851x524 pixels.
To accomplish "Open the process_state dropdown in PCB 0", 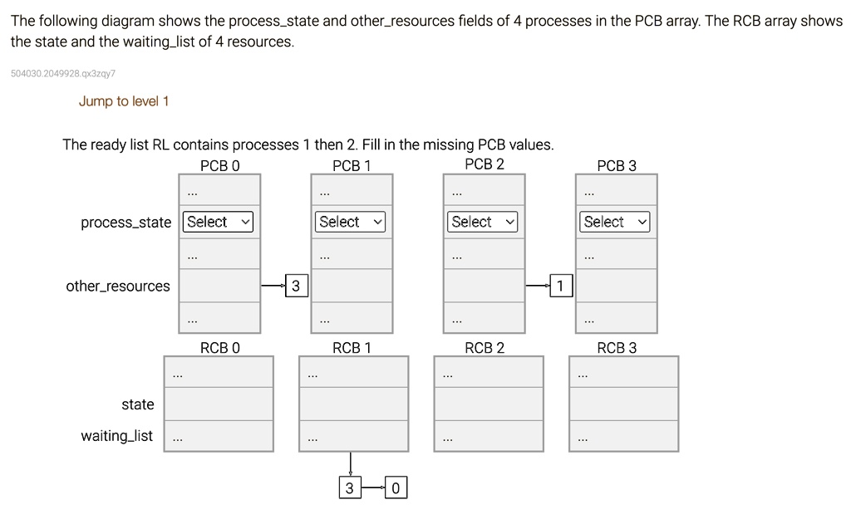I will pyautogui.click(x=218, y=222).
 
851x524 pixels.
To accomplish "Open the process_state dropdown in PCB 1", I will pyautogui.click(x=351, y=222).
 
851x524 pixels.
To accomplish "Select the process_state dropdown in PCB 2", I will pyautogui.click(x=483, y=222).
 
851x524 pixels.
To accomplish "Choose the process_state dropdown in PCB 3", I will pyautogui.click(x=615, y=222).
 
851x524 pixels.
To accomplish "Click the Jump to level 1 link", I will pyautogui.click(x=124, y=101).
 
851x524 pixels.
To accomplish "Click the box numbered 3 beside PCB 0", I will pyautogui.click(x=295, y=286).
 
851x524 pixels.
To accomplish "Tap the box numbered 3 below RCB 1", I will pyautogui.click(x=350, y=488).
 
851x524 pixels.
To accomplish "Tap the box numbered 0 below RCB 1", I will pyautogui.click(x=396, y=488).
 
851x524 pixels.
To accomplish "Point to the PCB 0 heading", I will pyautogui.click(x=219, y=165).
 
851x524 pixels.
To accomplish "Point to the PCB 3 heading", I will pyautogui.click(x=616, y=165).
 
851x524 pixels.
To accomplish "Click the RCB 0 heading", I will pyautogui.click(x=219, y=347).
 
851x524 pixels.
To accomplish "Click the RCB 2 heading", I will pyautogui.click(x=485, y=347).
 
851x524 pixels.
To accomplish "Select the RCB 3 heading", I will pyautogui.click(x=616, y=347).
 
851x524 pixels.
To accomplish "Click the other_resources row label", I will pyautogui.click(x=118, y=286).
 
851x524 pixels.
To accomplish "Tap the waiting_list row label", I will pyautogui.click(x=116, y=435).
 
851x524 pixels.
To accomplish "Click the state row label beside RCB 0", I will pyautogui.click(x=137, y=404).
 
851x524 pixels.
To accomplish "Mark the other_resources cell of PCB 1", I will pyautogui.click(x=352, y=286).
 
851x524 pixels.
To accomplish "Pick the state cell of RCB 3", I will pyautogui.click(x=623, y=404).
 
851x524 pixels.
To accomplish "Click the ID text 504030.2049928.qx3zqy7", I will pyautogui.click(x=63, y=74).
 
